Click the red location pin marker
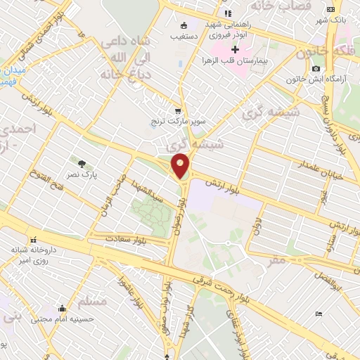click(181, 165)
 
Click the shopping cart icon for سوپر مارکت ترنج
click(179, 111)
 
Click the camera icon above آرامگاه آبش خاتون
click(316, 68)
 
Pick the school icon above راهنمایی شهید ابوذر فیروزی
click(227, 13)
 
